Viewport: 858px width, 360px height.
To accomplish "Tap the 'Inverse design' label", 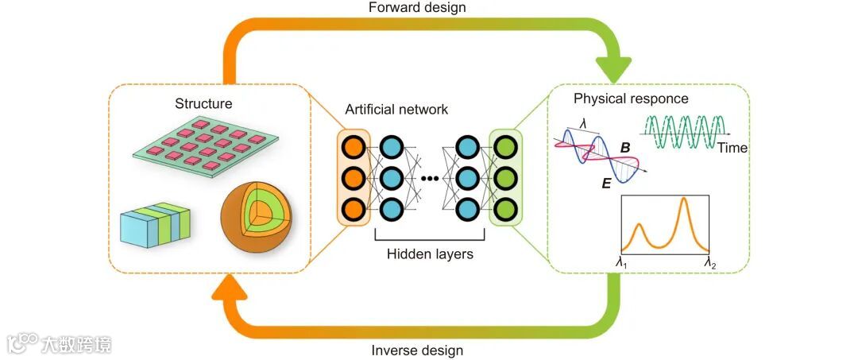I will click(x=417, y=350).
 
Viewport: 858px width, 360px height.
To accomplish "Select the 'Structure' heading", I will click(x=204, y=103).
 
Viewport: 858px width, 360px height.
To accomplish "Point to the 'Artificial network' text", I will click(x=396, y=109).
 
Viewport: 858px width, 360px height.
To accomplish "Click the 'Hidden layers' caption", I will click(x=430, y=254).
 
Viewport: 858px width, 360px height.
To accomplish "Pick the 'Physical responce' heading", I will click(x=631, y=99).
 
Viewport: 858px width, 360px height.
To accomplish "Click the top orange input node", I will click(x=354, y=146).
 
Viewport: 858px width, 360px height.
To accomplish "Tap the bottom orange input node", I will click(x=354, y=208).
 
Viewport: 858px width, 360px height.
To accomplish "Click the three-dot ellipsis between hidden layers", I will click(x=430, y=177).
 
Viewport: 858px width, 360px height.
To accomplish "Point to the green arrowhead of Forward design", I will click(x=613, y=64).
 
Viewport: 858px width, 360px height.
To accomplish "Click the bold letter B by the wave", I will click(x=625, y=148).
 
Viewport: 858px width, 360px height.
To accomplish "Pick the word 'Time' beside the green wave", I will click(x=732, y=148).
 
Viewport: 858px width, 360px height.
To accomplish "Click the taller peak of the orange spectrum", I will click(x=684, y=203).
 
